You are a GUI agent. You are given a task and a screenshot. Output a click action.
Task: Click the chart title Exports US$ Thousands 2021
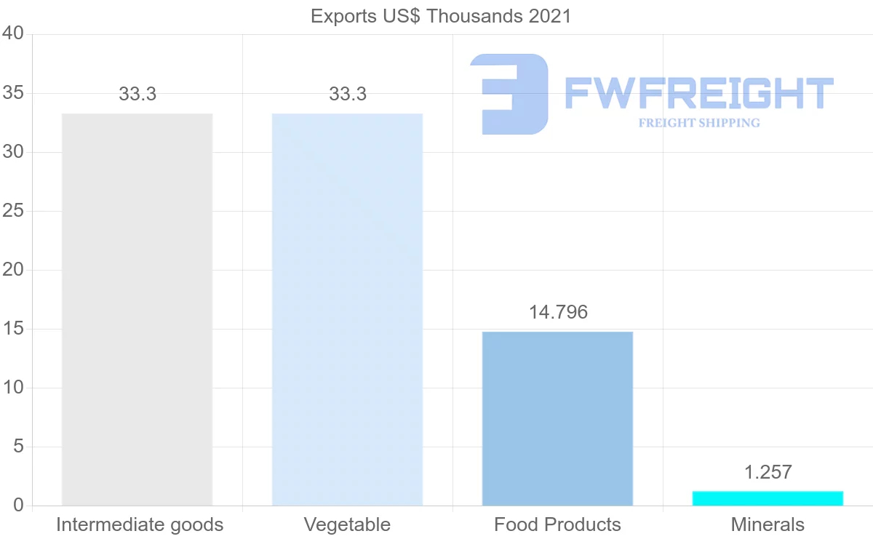[x=441, y=16]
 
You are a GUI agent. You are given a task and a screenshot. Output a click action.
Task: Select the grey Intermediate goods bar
[x=137, y=309]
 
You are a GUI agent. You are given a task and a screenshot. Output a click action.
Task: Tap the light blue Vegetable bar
[x=347, y=309]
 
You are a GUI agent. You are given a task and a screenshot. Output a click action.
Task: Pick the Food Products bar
[x=557, y=418]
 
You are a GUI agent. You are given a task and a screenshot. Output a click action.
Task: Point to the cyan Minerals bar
[x=768, y=498]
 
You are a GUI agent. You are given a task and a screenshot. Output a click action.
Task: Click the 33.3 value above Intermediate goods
[x=137, y=95]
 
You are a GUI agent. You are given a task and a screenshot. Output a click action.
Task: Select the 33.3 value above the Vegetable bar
[x=347, y=95]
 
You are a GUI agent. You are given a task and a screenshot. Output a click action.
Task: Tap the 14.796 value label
[x=557, y=313]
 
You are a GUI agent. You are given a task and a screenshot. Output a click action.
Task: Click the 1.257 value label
[x=768, y=472]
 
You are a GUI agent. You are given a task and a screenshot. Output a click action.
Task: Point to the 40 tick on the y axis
[x=14, y=34]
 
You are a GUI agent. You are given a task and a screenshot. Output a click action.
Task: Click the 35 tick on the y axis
[x=14, y=93]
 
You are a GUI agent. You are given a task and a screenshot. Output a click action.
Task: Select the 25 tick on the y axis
[x=14, y=211]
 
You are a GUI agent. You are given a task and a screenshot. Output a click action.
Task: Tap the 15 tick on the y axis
[x=14, y=329]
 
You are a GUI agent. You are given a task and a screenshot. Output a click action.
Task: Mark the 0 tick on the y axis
[x=19, y=506]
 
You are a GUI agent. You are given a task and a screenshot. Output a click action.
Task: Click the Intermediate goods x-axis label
[x=140, y=524]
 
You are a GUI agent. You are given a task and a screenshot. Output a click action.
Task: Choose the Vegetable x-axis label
[x=347, y=524]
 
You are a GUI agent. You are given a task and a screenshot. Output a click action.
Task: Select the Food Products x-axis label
[x=557, y=524]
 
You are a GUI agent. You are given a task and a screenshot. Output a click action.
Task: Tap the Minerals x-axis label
[x=768, y=524]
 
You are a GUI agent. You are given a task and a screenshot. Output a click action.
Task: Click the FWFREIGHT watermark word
[x=698, y=93]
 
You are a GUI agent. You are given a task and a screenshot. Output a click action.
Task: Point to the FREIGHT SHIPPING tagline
[x=698, y=123]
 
